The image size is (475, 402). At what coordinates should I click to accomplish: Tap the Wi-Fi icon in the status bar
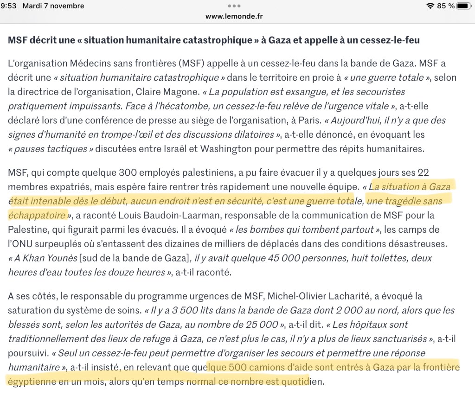click(x=430, y=6)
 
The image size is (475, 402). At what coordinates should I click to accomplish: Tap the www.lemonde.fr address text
click(x=234, y=16)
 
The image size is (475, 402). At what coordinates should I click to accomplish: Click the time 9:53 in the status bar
click(x=9, y=6)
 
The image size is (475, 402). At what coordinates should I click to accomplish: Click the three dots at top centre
click(x=234, y=6)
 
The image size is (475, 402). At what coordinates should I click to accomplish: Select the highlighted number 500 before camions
click(x=237, y=368)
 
